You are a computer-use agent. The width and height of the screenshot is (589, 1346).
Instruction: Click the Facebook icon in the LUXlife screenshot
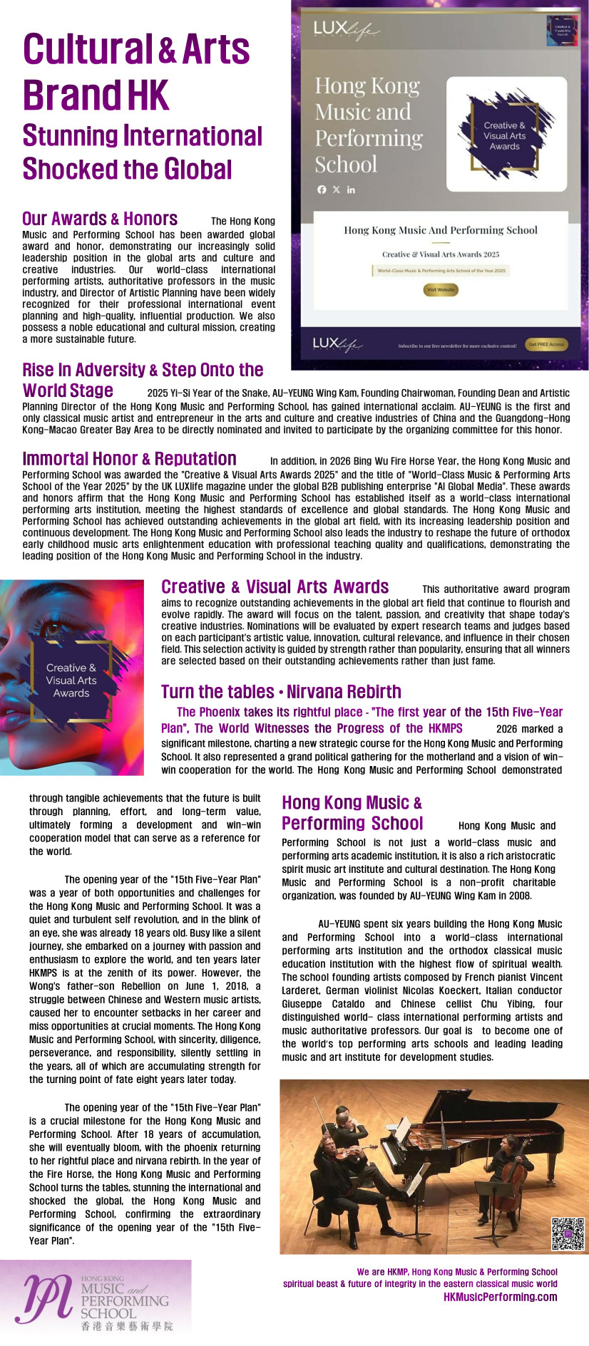click(x=322, y=190)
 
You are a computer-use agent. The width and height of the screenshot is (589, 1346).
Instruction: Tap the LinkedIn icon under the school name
click(x=351, y=190)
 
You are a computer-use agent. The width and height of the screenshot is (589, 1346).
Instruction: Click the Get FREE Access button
click(x=546, y=344)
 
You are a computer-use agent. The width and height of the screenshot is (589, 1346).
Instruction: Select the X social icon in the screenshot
click(x=337, y=190)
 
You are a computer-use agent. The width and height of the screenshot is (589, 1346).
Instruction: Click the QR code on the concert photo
click(x=568, y=1233)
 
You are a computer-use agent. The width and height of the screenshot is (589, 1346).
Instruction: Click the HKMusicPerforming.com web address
click(x=500, y=1296)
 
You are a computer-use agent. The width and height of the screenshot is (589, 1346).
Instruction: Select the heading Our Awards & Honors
click(x=100, y=219)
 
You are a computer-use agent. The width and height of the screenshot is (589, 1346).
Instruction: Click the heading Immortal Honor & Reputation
click(x=129, y=458)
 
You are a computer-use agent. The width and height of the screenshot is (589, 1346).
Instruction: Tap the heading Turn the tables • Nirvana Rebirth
click(x=281, y=691)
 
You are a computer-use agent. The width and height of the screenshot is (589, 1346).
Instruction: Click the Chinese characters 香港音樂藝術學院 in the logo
click(x=126, y=1326)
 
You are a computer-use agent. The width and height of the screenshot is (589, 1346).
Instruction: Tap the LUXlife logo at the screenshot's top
click(x=345, y=29)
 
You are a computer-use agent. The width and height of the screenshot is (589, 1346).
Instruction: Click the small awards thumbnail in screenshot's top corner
click(x=562, y=31)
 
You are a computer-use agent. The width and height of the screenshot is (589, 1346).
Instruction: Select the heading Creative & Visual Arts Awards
click(x=275, y=586)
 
